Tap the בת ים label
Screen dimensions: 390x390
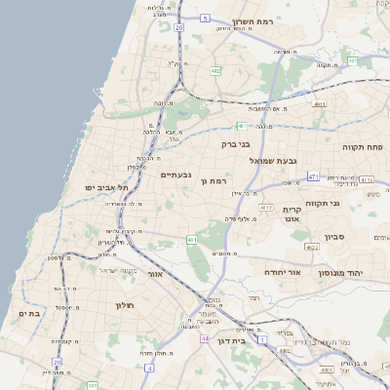coord(28,313)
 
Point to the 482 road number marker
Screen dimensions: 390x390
coord(214,71)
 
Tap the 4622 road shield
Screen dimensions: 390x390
coord(312,248)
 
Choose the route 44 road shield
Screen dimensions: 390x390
coord(205,338)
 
